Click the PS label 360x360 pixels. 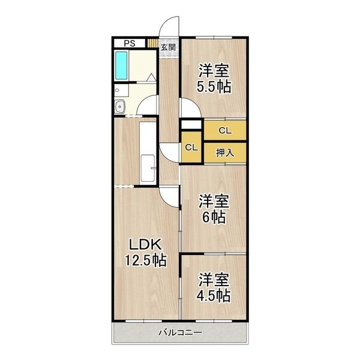129,43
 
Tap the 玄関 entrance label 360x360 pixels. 168,47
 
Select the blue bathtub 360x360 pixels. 122,66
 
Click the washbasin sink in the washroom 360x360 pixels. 120,107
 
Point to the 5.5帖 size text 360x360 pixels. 214,86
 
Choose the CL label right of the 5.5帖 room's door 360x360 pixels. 224,130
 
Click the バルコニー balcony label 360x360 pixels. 181,333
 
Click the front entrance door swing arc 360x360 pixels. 170,27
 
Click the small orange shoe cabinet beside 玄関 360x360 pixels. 152,43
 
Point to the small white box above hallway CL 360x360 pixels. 191,125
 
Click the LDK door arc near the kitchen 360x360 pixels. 169,196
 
